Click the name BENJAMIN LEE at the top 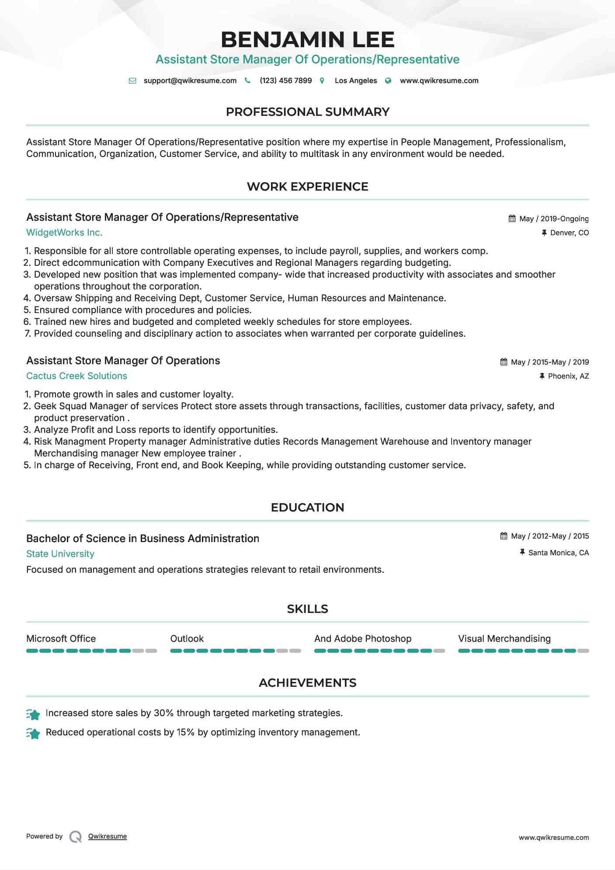(307, 39)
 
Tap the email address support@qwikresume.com (190, 80)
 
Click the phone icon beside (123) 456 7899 (247, 80)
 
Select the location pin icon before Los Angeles (322, 80)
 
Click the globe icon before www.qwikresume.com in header (388, 80)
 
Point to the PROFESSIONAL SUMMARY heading (307, 112)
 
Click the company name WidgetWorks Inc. (64, 233)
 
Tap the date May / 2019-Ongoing (554, 219)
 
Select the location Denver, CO (569, 233)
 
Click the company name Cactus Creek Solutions (76, 376)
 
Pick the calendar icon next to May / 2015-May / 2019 (504, 362)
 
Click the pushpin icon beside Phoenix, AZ (542, 376)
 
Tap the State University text (60, 554)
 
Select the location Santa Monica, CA (558, 553)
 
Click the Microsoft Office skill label (61, 638)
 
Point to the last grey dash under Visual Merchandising (583, 651)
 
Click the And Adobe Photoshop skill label (363, 638)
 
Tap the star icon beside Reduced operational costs (33, 733)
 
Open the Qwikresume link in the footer (108, 836)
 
